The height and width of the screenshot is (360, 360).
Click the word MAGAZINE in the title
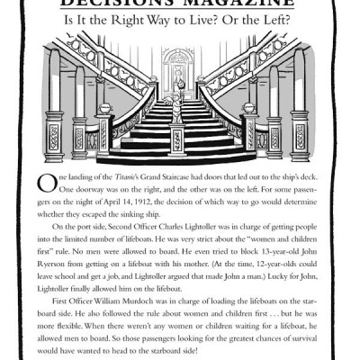233,6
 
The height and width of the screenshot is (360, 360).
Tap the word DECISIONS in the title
132,6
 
